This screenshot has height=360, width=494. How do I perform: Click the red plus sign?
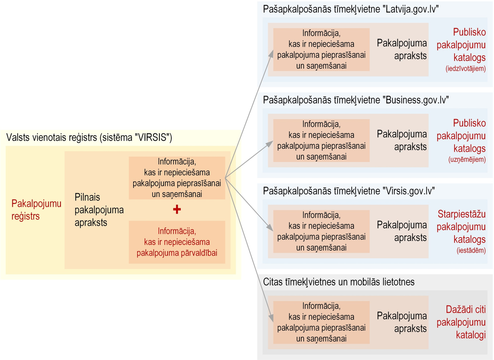click(x=177, y=209)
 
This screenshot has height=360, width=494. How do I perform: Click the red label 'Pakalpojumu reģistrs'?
click(x=36, y=210)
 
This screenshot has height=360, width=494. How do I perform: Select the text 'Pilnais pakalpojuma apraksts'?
click(x=99, y=210)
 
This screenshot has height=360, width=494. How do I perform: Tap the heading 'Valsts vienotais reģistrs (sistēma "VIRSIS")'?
click(x=89, y=137)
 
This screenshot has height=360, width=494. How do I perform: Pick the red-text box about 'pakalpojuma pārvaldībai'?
click(x=177, y=242)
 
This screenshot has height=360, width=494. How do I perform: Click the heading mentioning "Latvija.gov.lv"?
click(x=351, y=9)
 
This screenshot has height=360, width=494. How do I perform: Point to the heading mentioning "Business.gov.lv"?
click(x=356, y=100)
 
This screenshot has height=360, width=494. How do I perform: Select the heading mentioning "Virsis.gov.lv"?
click(x=349, y=191)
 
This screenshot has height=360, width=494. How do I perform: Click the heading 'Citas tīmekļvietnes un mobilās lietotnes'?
click(x=339, y=282)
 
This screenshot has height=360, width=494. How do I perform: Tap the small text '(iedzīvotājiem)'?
click(x=466, y=69)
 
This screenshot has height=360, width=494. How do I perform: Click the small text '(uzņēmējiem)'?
click(x=467, y=159)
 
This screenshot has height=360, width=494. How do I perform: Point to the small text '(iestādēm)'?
click(x=471, y=250)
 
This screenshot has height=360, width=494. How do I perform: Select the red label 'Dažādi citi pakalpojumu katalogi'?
click(x=461, y=322)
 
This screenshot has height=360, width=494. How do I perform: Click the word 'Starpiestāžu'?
click(x=462, y=214)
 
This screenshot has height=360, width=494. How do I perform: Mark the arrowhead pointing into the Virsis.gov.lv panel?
click(x=270, y=228)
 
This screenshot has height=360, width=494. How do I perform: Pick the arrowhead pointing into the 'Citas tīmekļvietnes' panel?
click(x=271, y=318)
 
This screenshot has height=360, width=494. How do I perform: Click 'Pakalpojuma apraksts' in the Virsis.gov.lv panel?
click(x=402, y=231)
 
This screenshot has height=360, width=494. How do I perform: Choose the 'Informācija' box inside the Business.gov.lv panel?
click(x=321, y=140)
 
